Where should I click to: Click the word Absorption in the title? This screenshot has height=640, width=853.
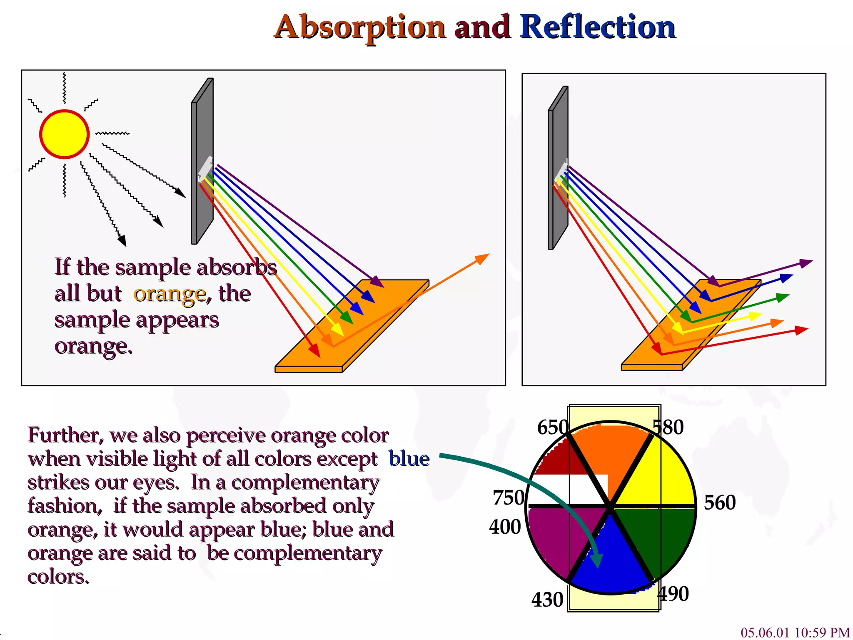(x=360, y=27)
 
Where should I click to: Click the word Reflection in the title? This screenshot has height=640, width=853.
(x=598, y=27)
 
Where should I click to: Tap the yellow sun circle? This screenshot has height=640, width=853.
(x=65, y=134)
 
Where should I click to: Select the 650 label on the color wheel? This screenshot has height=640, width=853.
(x=553, y=427)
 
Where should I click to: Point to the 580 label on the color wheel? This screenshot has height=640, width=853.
(x=668, y=427)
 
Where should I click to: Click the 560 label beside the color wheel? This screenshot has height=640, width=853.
(x=720, y=502)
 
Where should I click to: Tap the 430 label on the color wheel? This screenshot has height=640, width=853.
(x=547, y=600)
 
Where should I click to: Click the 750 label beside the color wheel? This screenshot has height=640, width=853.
(x=508, y=498)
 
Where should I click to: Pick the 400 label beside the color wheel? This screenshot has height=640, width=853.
(x=505, y=527)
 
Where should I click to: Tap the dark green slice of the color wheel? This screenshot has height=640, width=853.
(x=658, y=537)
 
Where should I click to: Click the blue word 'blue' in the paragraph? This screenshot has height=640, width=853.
(x=409, y=459)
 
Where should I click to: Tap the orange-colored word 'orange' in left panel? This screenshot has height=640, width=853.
(x=170, y=294)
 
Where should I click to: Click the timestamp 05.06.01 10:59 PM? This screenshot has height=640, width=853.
(x=795, y=632)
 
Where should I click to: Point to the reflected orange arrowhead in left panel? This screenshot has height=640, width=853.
(x=483, y=258)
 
